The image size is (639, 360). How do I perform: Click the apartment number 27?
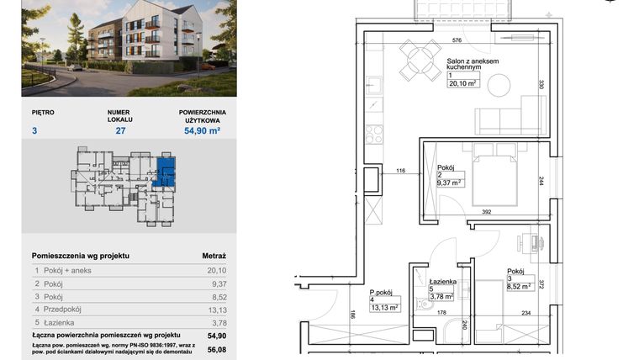click(x=120, y=130)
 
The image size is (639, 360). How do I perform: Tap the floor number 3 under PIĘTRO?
click(x=35, y=130)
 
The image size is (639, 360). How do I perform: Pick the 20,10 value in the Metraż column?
click(x=217, y=270)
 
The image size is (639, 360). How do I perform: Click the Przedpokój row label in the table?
click(x=66, y=308)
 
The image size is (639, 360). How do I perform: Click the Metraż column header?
click(x=214, y=254)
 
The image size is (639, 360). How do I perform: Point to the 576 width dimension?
click(x=457, y=40)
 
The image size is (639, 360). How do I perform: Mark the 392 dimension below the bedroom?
click(x=485, y=213)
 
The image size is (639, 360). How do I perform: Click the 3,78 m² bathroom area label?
click(x=441, y=295)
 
